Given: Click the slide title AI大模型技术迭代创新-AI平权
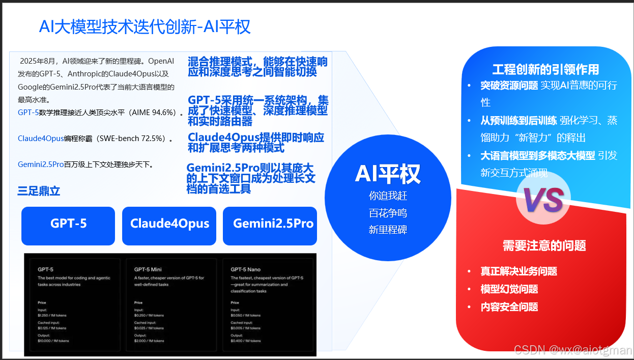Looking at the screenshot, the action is pyautogui.click(x=145, y=26).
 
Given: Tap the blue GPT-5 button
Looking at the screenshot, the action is pyautogui.click(x=68, y=224).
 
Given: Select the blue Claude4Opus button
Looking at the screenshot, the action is pyautogui.click(x=169, y=224).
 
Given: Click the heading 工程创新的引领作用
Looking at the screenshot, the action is pyautogui.click(x=545, y=69).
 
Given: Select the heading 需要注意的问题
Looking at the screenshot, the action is pyautogui.click(x=544, y=245).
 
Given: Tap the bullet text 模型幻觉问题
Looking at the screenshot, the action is pyautogui.click(x=509, y=289).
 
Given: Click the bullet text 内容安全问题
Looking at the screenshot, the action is pyautogui.click(x=509, y=307).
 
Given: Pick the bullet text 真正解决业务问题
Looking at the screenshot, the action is pyautogui.click(x=518, y=271).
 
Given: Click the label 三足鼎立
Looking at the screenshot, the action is pyautogui.click(x=39, y=191).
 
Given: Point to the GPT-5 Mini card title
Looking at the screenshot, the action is pyautogui.click(x=148, y=269).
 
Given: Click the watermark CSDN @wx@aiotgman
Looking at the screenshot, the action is pyautogui.click(x=572, y=350).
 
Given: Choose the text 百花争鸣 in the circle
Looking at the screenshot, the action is pyautogui.click(x=388, y=213).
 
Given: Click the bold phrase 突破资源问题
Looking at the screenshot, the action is pyautogui.click(x=509, y=86).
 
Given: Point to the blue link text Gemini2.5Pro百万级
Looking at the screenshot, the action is pyautogui.click(x=41, y=164).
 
